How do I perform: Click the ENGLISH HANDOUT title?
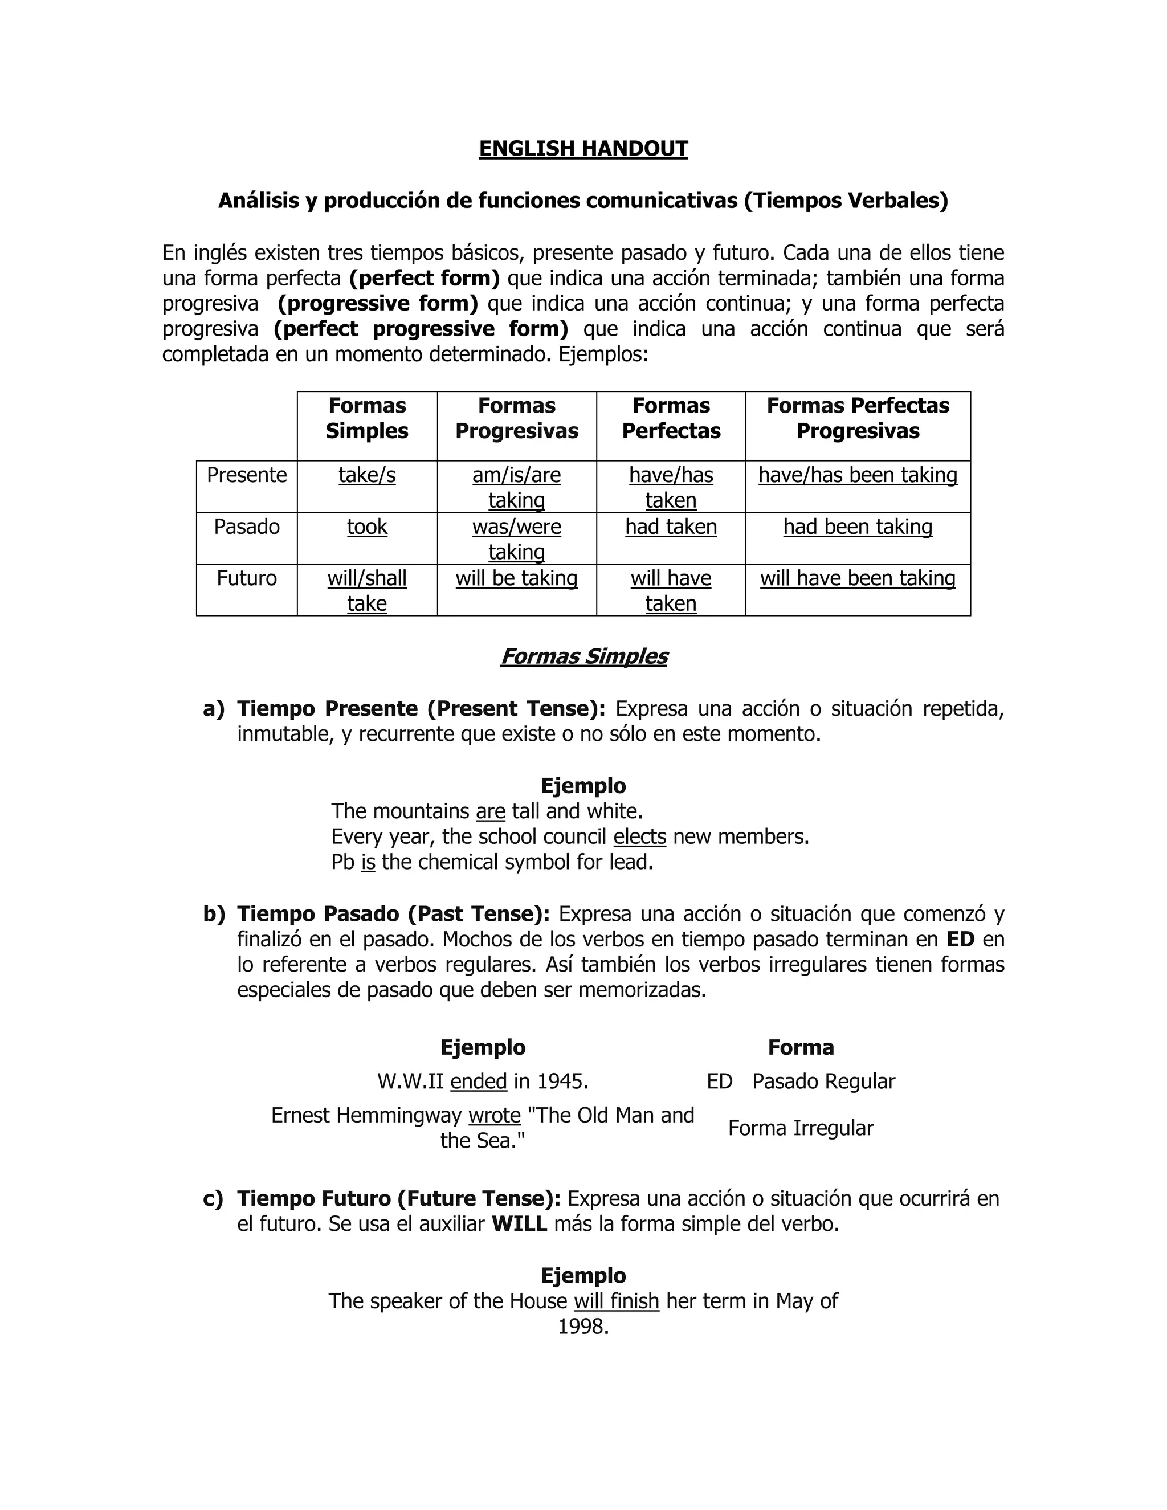583,149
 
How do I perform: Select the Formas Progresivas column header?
516,418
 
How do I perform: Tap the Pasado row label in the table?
247,527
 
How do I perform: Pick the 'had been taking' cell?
857,527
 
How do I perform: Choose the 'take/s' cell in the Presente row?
367,475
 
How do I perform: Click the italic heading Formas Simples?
583,656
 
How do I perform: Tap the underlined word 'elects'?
639,836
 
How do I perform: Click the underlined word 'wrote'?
494,1115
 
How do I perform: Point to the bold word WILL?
519,1224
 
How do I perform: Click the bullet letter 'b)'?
214,914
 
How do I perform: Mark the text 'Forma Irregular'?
801,1128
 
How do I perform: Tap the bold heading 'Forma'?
801,1047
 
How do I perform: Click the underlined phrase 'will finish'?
616,1301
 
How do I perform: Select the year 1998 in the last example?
583,1327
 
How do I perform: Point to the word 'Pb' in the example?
342,862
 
